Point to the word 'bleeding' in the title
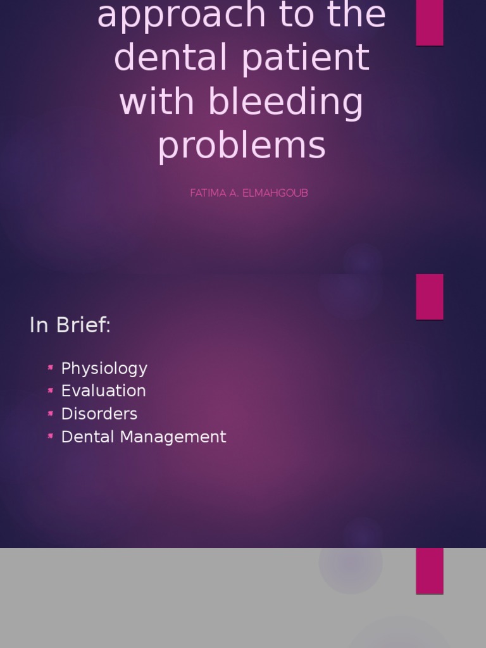[x=286, y=103]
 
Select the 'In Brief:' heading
[x=70, y=325]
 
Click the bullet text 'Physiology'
[x=104, y=369]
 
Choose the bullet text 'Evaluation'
[x=103, y=391]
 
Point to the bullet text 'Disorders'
[x=99, y=414]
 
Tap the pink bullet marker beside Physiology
[x=51, y=368]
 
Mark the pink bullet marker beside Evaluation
[x=51, y=390]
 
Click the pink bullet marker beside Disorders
[x=51, y=413]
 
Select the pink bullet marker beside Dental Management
[x=51, y=436]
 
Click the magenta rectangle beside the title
[x=429, y=23]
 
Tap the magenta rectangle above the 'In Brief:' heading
[x=429, y=296]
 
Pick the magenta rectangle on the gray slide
[x=429, y=571]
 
